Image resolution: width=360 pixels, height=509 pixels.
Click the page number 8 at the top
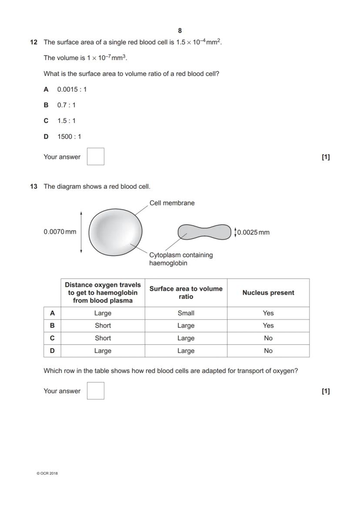tap(180, 30)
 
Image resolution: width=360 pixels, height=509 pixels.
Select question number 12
tap(33, 42)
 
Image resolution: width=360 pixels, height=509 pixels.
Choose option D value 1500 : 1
tap(69, 136)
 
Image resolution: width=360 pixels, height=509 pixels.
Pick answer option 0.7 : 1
tap(66, 105)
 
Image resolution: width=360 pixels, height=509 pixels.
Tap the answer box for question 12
tap(96, 156)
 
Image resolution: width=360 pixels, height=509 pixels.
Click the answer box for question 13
tap(96, 390)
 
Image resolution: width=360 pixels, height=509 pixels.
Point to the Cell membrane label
tap(172, 203)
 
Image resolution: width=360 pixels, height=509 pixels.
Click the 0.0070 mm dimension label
tap(60, 232)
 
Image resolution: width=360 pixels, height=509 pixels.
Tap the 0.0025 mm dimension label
tap(253, 232)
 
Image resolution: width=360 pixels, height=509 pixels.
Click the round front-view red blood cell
tap(116, 232)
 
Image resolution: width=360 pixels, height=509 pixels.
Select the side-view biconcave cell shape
tap(204, 232)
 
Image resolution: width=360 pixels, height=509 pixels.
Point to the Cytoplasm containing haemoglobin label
tap(181, 259)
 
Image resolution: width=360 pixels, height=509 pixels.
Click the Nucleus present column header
tap(268, 293)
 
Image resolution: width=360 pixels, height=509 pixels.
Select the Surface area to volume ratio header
tap(186, 293)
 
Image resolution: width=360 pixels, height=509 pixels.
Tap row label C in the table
tap(52, 338)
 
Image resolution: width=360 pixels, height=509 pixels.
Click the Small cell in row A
tap(186, 313)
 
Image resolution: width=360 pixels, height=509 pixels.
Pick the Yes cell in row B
tap(268, 326)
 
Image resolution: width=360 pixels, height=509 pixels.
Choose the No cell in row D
tap(268, 351)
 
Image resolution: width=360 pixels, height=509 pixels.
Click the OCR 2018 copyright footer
tap(47, 473)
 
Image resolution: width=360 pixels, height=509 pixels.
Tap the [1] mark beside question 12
tap(326, 157)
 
